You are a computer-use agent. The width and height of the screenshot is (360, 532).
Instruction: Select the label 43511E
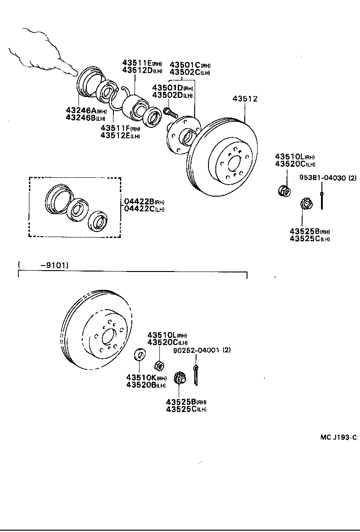136,63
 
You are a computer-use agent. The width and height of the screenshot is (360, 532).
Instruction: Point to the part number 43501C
185,65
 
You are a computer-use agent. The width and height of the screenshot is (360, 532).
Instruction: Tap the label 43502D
167,95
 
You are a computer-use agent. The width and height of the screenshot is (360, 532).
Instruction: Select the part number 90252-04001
197,350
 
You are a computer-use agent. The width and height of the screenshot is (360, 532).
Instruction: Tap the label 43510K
141,378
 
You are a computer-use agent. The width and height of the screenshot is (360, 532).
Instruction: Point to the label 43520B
141,385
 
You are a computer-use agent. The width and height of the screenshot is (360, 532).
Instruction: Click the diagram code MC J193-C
338,437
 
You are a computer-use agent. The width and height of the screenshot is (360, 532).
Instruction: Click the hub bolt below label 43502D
169,111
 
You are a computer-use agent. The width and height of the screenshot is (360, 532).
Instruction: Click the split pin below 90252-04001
197,374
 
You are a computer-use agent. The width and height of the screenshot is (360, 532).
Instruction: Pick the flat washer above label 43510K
139,355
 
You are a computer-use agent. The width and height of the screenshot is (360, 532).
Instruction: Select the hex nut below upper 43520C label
284,190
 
